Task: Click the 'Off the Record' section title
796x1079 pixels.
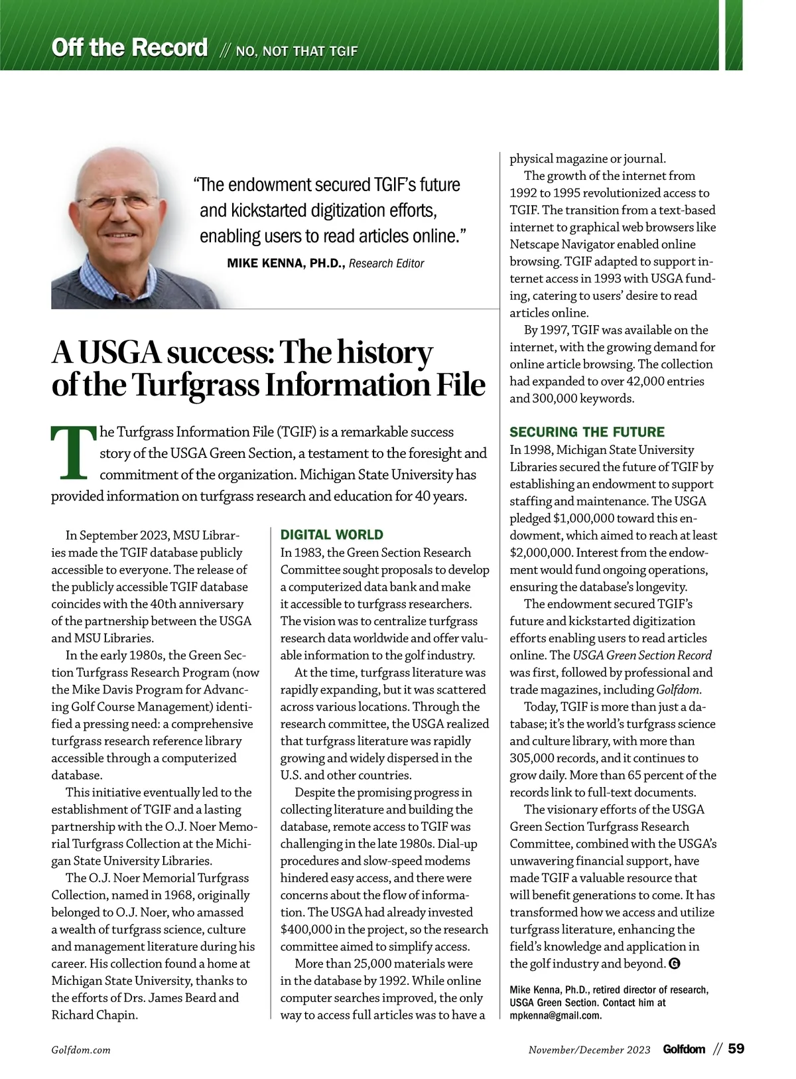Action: (129, 48)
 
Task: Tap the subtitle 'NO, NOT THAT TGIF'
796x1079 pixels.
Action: (297, 51)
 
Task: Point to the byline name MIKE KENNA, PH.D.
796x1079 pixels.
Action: (285, 263)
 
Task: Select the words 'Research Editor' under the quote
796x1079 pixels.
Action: (386, 263)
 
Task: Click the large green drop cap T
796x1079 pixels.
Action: (73, 453)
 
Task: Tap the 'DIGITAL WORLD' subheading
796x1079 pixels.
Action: (332, 535)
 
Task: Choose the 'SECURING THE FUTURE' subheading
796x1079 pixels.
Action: (586, 432)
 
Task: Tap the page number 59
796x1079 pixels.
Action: (736, 1049)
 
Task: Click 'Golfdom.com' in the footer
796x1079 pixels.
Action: (81, 1050)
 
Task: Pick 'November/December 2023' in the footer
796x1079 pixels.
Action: (589, 1050)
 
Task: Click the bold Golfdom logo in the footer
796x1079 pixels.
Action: (684, 1049)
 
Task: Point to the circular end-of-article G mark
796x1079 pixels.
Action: (675, 964)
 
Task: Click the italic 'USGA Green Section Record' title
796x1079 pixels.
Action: (642, 655)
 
